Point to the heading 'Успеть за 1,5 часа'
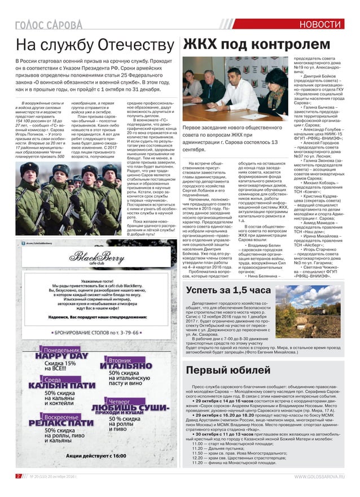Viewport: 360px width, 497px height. click(228, 290)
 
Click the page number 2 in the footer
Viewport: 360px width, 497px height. click(18, 476)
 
